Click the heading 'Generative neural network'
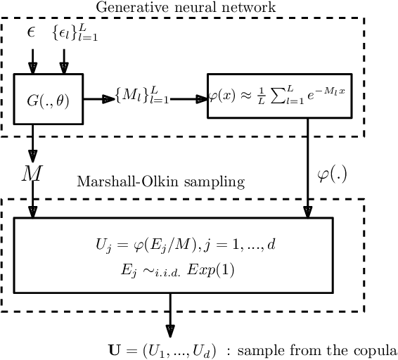pos(186,7)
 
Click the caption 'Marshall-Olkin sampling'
pos(160,182)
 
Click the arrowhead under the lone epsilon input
pos(31,68)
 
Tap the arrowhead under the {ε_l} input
pos(64,68)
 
